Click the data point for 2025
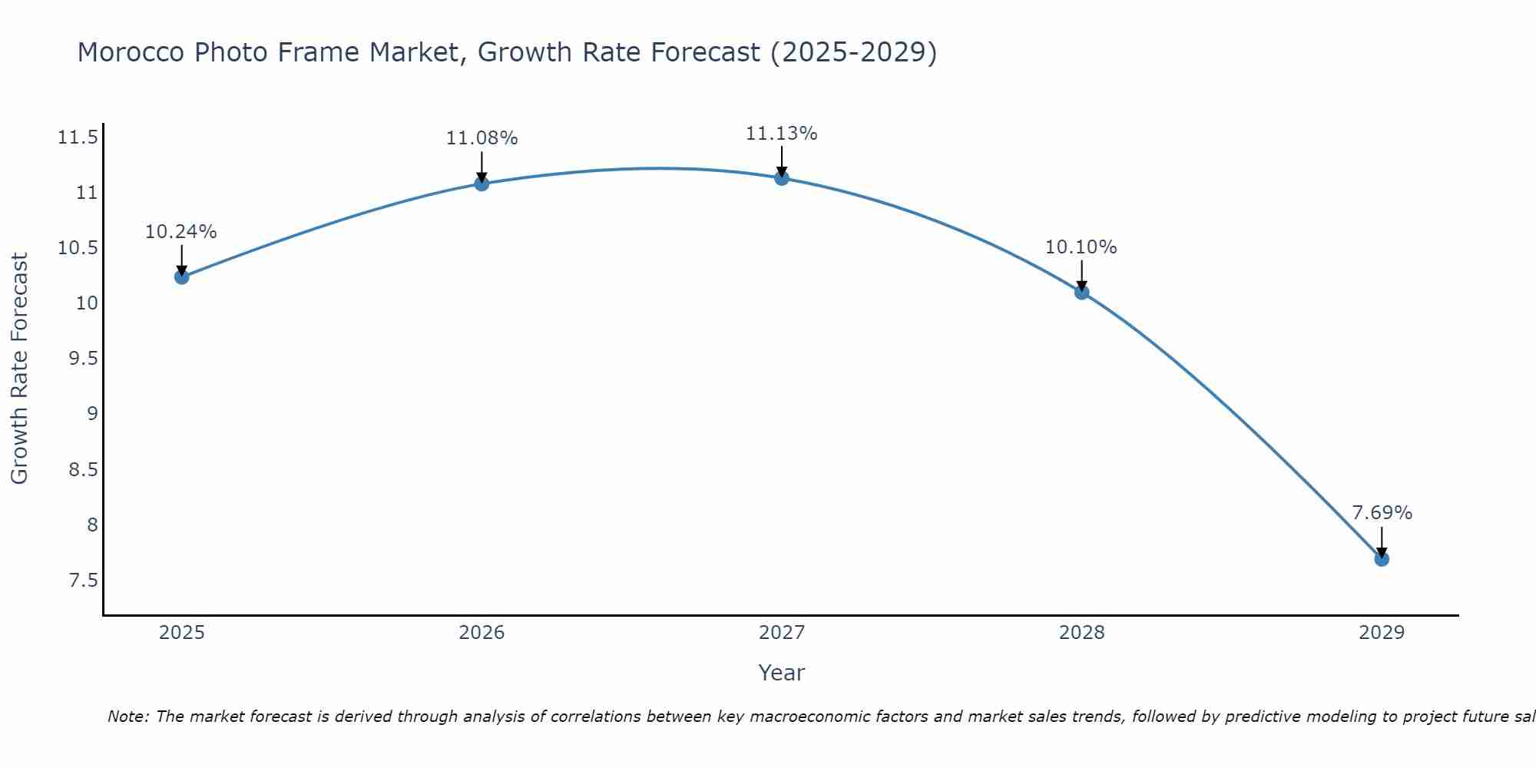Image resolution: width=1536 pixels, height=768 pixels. [x=182, y=276]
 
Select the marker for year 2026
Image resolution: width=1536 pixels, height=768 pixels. [x=482, y=184]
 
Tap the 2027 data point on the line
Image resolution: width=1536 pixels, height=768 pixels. [x=782, y=178]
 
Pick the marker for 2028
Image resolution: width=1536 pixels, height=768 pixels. [x=1082, y=292]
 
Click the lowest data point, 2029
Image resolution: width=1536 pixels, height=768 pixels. [x=1382, y=559]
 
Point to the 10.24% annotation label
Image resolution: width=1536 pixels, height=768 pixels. [x=181, y=232]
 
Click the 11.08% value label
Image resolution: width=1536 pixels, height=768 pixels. [x=482, y=138]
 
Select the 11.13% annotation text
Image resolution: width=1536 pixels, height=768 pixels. [x=782, y=134]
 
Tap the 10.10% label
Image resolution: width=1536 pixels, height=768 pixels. [x=1081, y=247]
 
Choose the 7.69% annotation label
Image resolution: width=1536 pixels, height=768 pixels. [x=1382, y=513]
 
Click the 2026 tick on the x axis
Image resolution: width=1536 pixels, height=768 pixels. [x=482, y=633]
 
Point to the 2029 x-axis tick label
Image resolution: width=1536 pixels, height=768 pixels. [x=1382, y=633]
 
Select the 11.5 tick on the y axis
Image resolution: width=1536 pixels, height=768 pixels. [x=78, y=137]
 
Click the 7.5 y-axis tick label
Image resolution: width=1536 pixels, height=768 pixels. [x=84, y=580]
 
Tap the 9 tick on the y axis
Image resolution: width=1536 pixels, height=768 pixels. [x=93, y=414]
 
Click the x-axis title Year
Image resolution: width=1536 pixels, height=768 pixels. [x=781, y=673]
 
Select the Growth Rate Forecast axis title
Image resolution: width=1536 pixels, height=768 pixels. [x=19, y=368]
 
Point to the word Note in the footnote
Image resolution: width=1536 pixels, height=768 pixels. [x=127, y=717]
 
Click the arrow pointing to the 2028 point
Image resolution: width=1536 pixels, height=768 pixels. [x=1082, y=275]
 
